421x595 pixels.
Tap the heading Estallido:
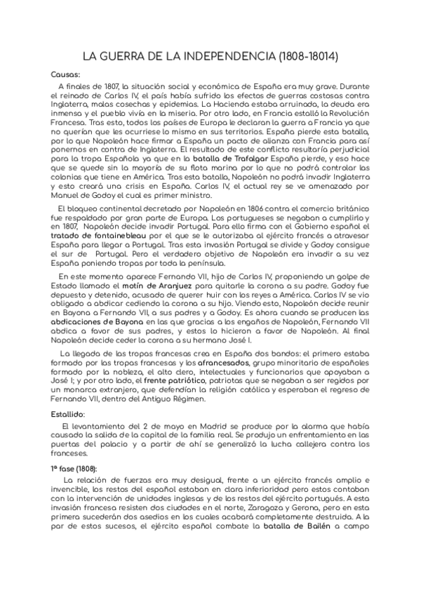point(68,414)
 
